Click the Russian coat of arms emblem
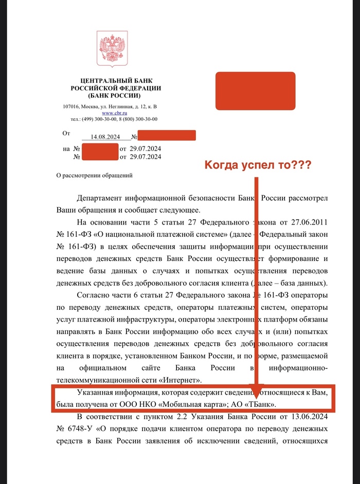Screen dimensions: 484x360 click(112, 50)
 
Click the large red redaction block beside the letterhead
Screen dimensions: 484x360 click(255, 91)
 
